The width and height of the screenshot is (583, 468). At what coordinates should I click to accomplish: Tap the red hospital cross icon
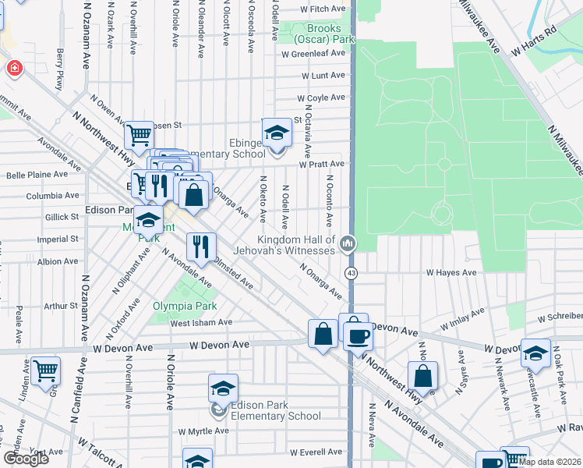[x=14, y=69]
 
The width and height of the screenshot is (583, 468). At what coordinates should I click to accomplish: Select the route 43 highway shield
[x=352, y=272]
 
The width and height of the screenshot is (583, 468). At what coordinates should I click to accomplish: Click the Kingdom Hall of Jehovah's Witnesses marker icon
[x=347, y=244]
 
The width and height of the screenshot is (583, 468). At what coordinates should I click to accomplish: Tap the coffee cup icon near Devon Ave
[x=358, y=336]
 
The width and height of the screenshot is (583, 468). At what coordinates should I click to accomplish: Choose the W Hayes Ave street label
[x=450, y=272]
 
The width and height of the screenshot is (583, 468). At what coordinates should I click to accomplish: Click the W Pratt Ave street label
[x=320, y=164]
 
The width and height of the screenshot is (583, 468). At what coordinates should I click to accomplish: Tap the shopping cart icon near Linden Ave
[x=46, y=370]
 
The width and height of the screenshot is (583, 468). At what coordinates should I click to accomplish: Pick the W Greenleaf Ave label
[x=313, y=54]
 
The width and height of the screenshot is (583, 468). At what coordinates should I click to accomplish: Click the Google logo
[x=26, y=459]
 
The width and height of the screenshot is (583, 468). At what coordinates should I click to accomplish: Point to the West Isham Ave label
[x=201, y=322]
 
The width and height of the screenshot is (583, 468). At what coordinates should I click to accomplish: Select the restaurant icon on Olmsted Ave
[x=201, y=247]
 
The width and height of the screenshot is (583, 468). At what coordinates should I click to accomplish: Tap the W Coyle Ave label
[x=320, y=97]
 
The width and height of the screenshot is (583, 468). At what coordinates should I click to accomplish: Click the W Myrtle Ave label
[x=203, y=431]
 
